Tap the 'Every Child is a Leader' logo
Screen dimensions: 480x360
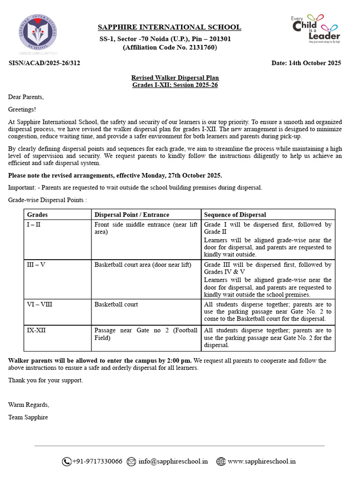tap(315, 29)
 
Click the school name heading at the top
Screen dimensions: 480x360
tap(169, 27)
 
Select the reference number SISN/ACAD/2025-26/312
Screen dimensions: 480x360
tap(44, 63)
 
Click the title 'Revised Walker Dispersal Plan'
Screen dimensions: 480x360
tap(175, 78)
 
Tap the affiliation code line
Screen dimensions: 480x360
tap(169, 47)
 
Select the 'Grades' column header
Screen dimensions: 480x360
tap(37, 215)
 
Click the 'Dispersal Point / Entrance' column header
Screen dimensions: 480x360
tap(132, 215)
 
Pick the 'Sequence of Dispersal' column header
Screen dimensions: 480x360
tap(235, 215)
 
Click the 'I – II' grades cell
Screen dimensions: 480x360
tap(34, 225)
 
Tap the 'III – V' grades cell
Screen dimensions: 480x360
tap(36, 264)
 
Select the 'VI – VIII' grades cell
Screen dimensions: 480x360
tap(39, 304)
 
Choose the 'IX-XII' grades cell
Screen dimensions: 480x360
tap(37, 330)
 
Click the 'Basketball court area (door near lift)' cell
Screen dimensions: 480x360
tap(142, 264)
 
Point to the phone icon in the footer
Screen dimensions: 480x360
tap(67, 462)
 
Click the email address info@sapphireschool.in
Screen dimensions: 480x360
tap(173, 461)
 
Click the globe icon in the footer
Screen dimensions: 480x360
tap(221, 462)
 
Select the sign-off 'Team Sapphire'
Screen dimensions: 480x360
tap(28, 417)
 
